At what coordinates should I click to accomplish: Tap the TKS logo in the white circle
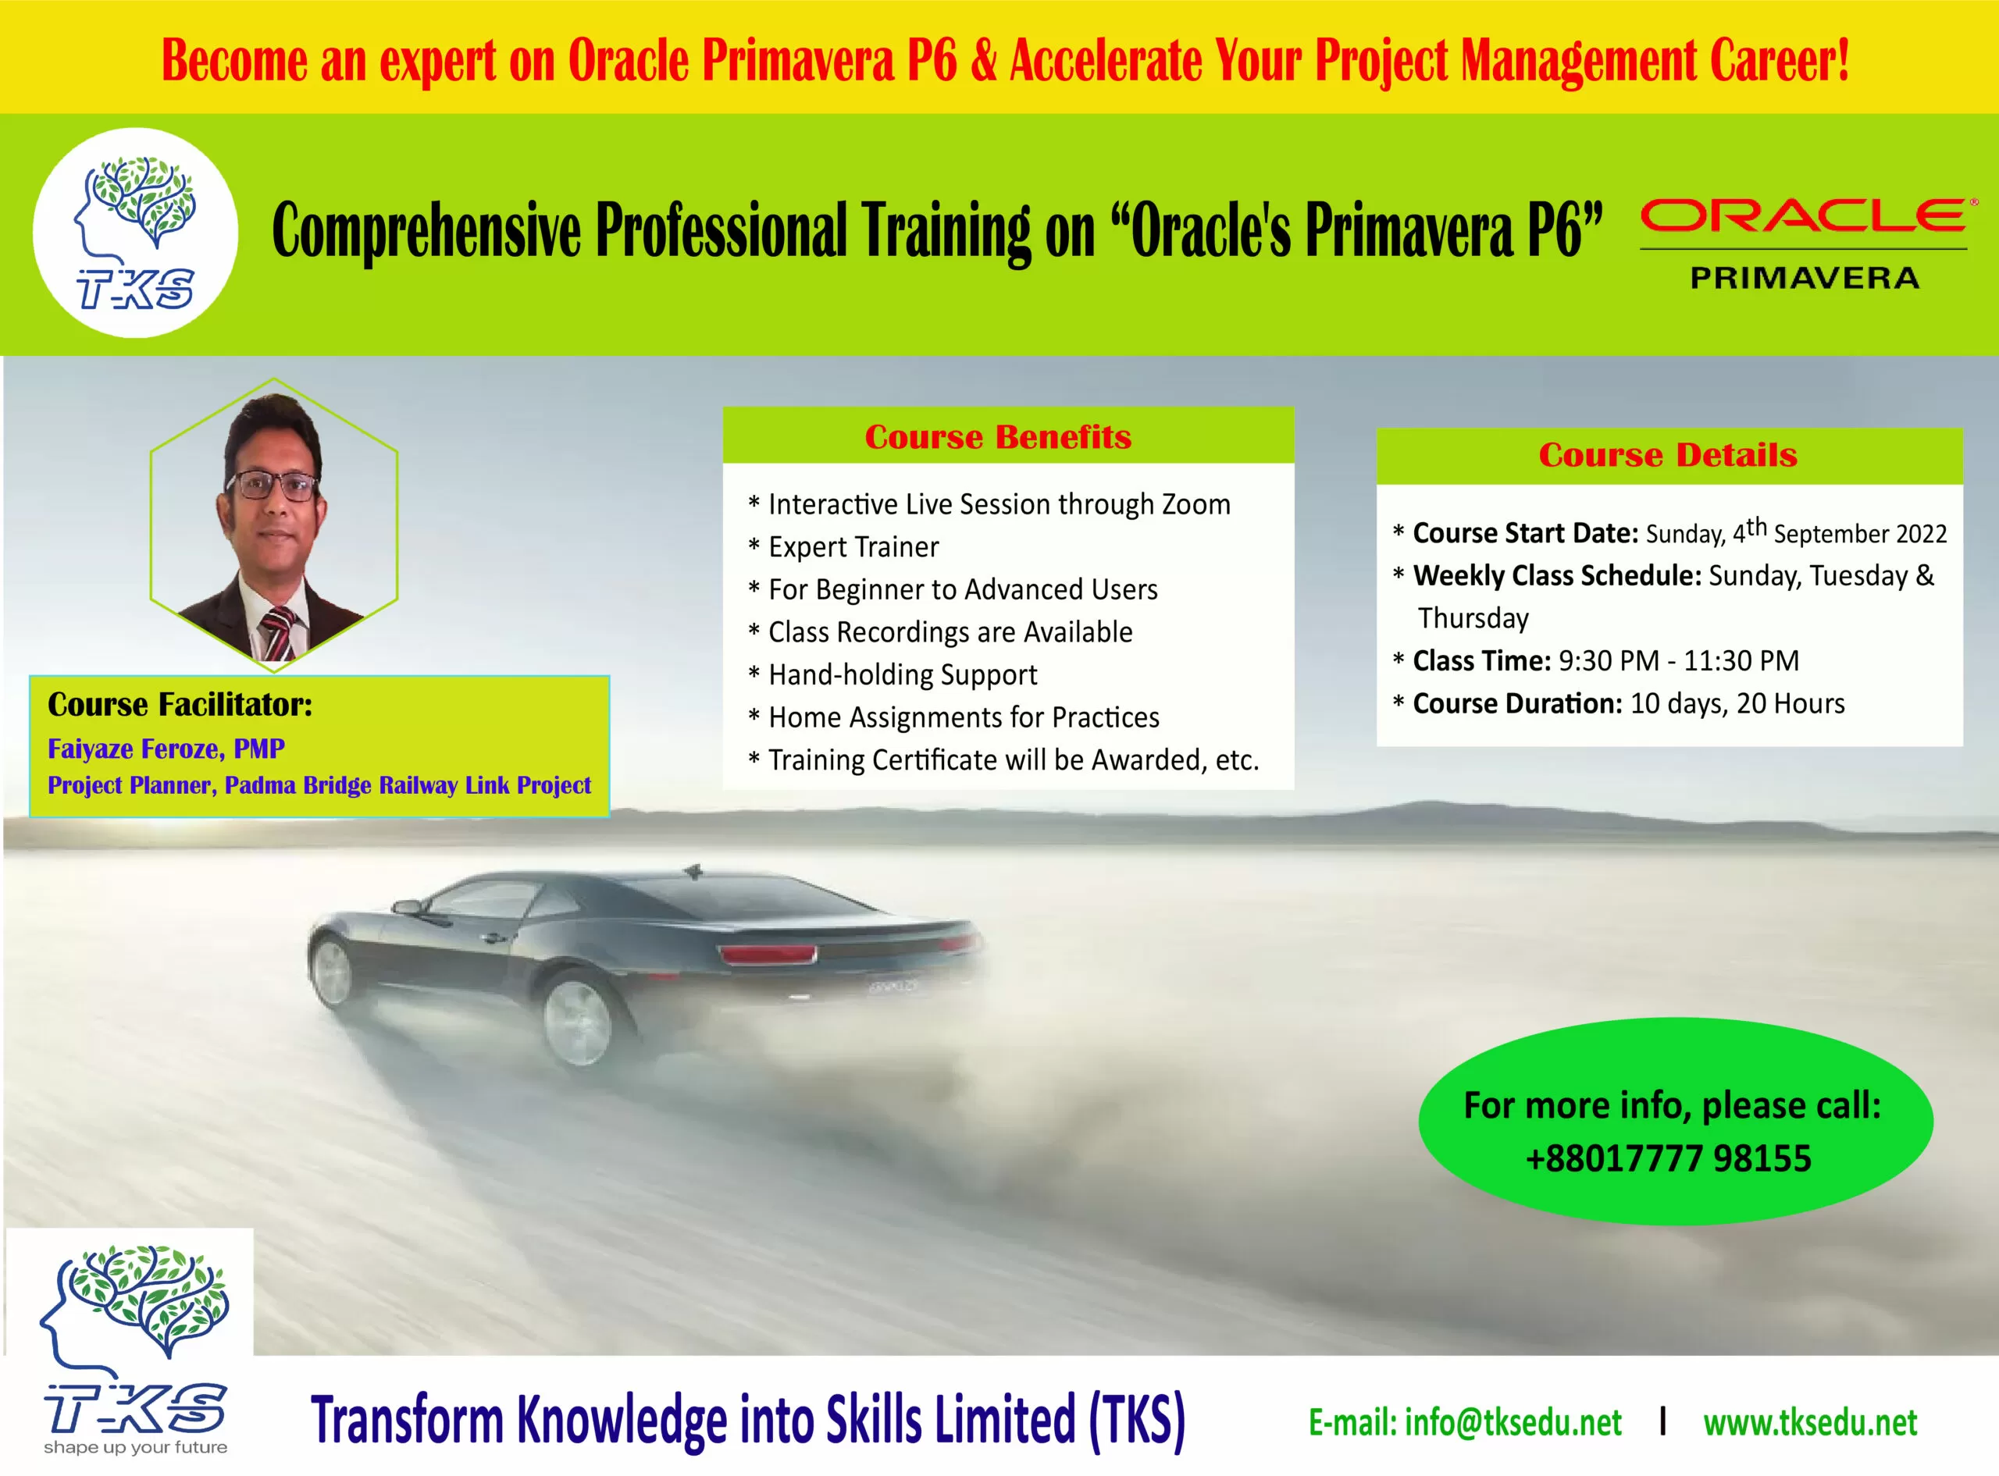(136, 233)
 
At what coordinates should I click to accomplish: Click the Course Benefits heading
(998, 437)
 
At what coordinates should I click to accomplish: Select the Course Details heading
(1667, 455)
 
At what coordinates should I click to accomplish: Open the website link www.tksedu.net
(1811, 1422)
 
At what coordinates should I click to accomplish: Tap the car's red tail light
(768, 953)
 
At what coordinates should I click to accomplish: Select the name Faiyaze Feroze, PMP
(166, 749)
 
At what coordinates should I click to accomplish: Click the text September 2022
(1859, 533)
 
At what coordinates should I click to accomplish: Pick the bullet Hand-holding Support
(903, 674)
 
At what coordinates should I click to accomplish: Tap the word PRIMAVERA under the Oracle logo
(1805, 278)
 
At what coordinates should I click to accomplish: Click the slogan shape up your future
(136, 1447)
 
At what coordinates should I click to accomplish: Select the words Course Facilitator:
(180, 705)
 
